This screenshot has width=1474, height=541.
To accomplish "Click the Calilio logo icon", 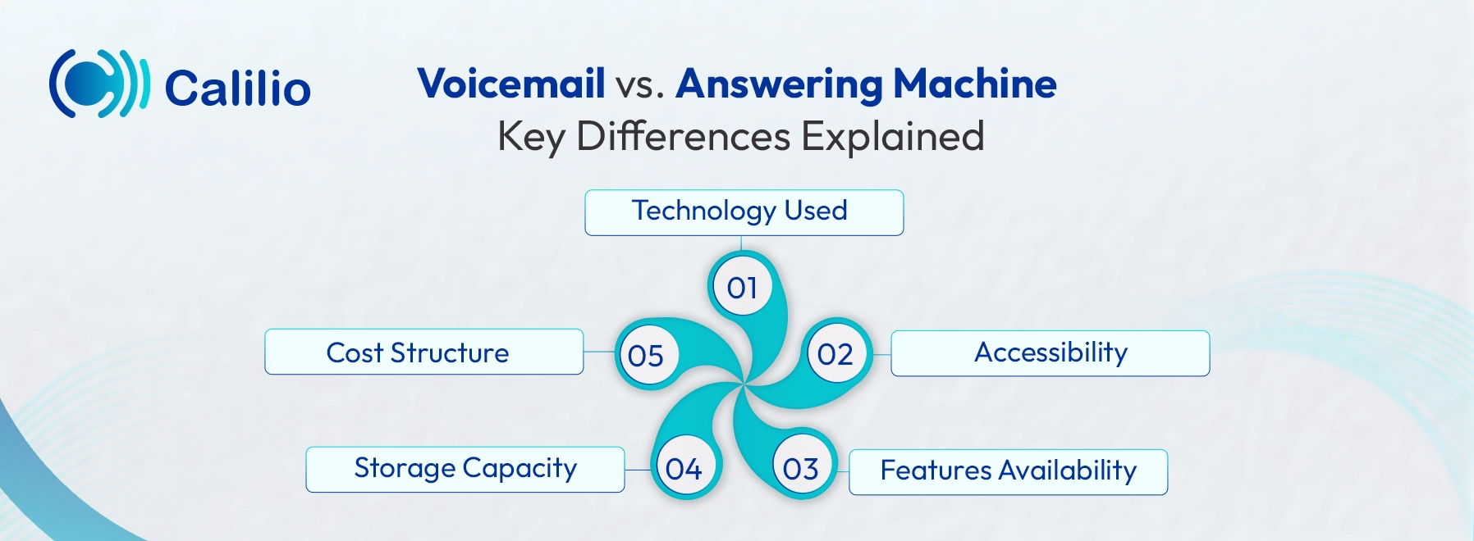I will pos(98,83).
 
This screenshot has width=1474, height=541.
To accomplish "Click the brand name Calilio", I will pos(237,88).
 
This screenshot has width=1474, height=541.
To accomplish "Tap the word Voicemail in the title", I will pos(510,84).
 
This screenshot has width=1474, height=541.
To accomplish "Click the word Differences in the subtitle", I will pos(683,136).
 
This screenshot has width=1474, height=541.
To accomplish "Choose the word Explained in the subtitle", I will pos(892,136).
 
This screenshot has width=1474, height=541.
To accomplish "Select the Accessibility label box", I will pos(1050,353).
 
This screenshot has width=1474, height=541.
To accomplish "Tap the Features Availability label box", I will pos(1008,471).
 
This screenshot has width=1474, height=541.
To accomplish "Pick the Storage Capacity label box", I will pos(465,469).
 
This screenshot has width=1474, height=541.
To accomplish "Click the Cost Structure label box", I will pos(423,352).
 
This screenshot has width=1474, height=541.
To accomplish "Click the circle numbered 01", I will pos(741,287).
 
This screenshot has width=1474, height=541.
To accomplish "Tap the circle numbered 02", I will pos(835,354).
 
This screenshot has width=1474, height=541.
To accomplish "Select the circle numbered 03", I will pos(800,469).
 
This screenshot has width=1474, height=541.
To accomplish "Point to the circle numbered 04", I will pos(683,469).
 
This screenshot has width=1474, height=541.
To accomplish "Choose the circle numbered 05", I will pos(645,355).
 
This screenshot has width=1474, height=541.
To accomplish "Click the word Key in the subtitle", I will pos(530,136).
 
